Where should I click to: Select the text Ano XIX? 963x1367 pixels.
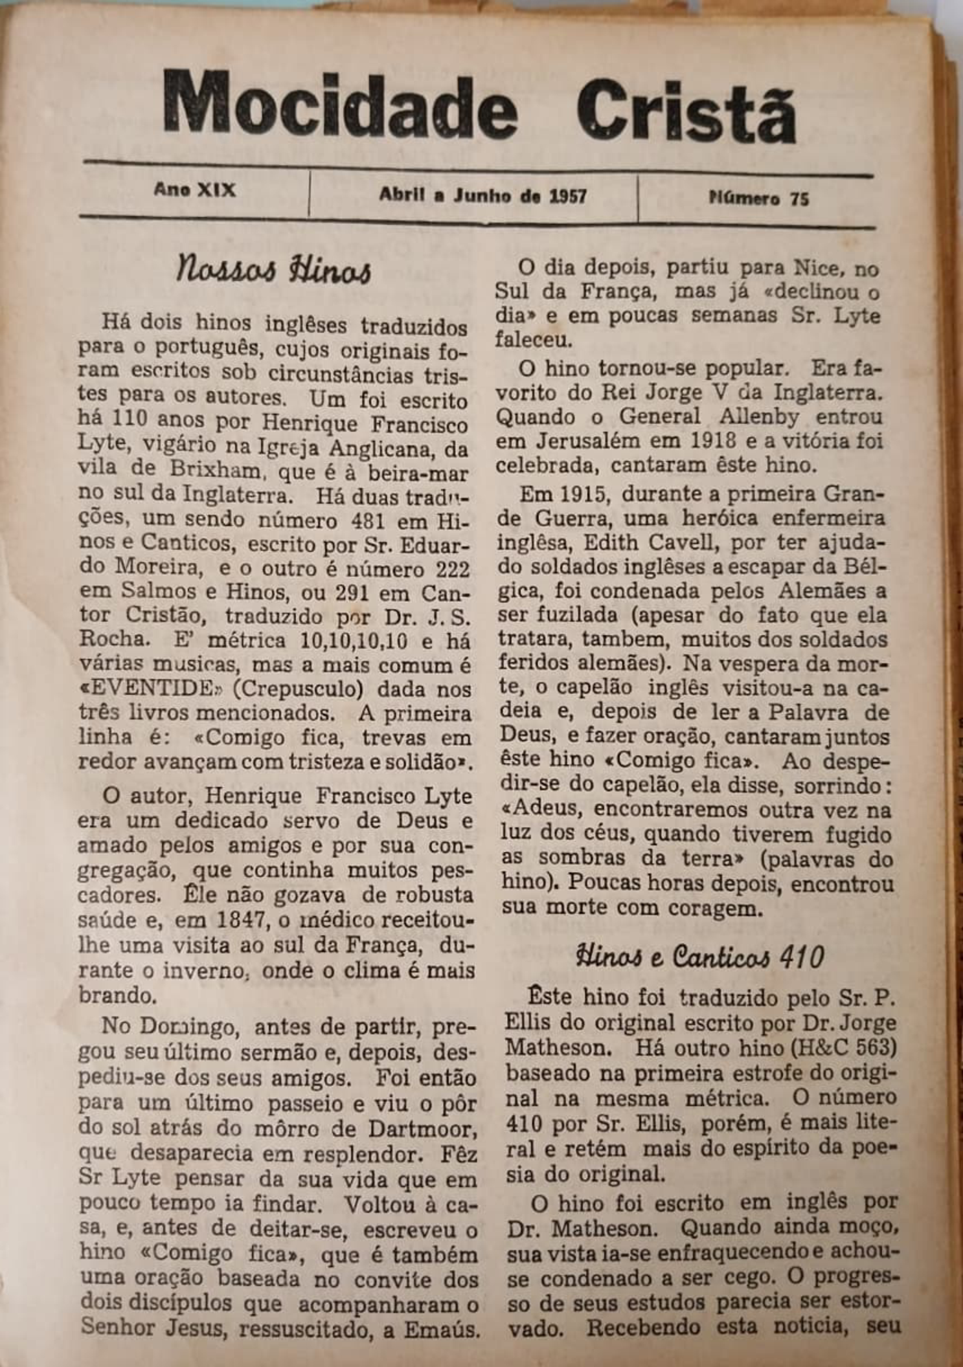195,190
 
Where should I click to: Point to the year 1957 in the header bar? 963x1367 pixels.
568,195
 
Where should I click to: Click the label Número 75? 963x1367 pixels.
758,198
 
